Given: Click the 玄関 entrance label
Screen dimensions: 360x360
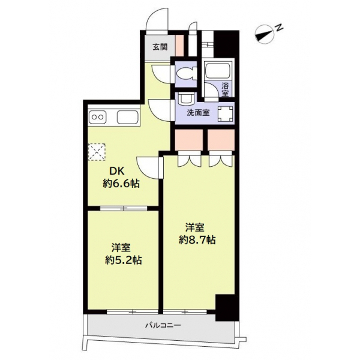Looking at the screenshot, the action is [x=160, y=47].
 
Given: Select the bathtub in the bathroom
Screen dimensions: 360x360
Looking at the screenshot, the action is [x=218, y=71].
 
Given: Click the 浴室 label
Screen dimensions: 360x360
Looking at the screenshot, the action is [x=225, y=89].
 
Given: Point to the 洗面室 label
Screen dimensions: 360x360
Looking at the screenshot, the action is [x=198, y=113].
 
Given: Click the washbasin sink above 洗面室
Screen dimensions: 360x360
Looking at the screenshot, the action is [x=187, y=99].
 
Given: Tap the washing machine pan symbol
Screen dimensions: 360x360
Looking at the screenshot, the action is [x=226, y=114].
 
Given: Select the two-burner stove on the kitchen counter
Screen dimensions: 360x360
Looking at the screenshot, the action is [x=98, y=118].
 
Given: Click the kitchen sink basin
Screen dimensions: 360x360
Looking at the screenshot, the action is [x=128, y=118].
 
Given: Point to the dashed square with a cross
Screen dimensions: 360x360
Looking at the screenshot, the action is [x=97, y=152].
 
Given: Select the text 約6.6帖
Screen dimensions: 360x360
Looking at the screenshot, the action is [x=121, y=184].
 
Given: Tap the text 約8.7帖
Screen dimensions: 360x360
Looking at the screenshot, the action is [x=197, y=240].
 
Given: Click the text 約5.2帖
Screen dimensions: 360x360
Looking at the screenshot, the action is [x=123, y=260].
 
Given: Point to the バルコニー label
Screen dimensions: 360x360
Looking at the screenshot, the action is [x=163, y=325].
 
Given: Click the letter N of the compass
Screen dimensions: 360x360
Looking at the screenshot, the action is [x=279, y=28].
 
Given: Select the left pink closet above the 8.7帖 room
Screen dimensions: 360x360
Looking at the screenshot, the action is [x=189, y=140].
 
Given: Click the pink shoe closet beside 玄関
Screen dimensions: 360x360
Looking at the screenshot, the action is [x=179, y=46].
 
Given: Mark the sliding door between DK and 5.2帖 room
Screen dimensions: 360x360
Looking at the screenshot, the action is [x=124, y=208].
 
